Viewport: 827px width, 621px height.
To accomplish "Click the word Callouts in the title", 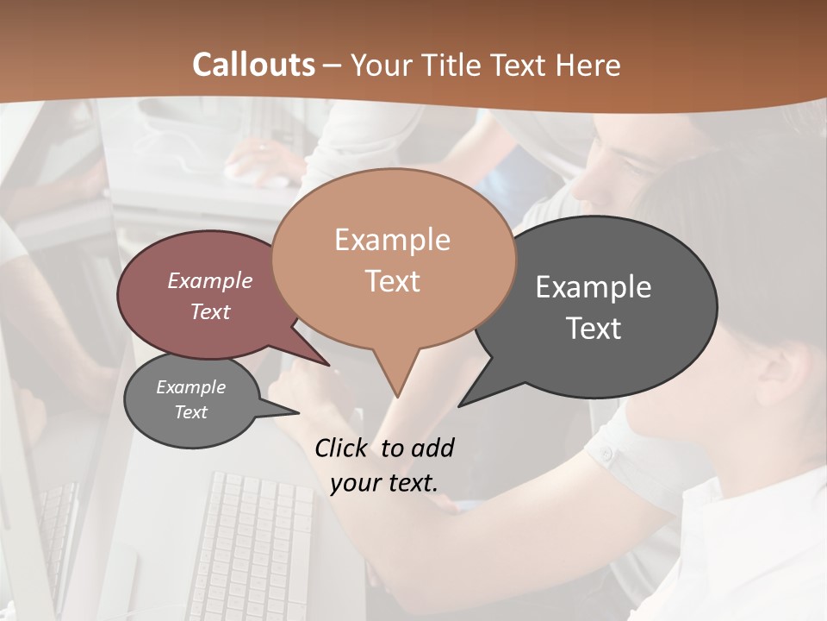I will point(253,65).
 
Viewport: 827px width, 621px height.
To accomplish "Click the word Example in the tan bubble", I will point(392,240).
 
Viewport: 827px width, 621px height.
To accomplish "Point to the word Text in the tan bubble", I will point(392,281).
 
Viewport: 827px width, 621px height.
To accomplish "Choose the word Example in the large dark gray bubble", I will point(593,287).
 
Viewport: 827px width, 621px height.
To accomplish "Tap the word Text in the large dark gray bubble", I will point(593,329).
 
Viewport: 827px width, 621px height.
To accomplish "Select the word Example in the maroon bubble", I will point(209,280).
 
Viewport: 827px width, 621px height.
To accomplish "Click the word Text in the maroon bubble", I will point(209,311).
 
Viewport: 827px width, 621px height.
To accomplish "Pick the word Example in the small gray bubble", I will point(190,387).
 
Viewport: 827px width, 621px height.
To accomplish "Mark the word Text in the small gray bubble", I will point(190,412).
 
